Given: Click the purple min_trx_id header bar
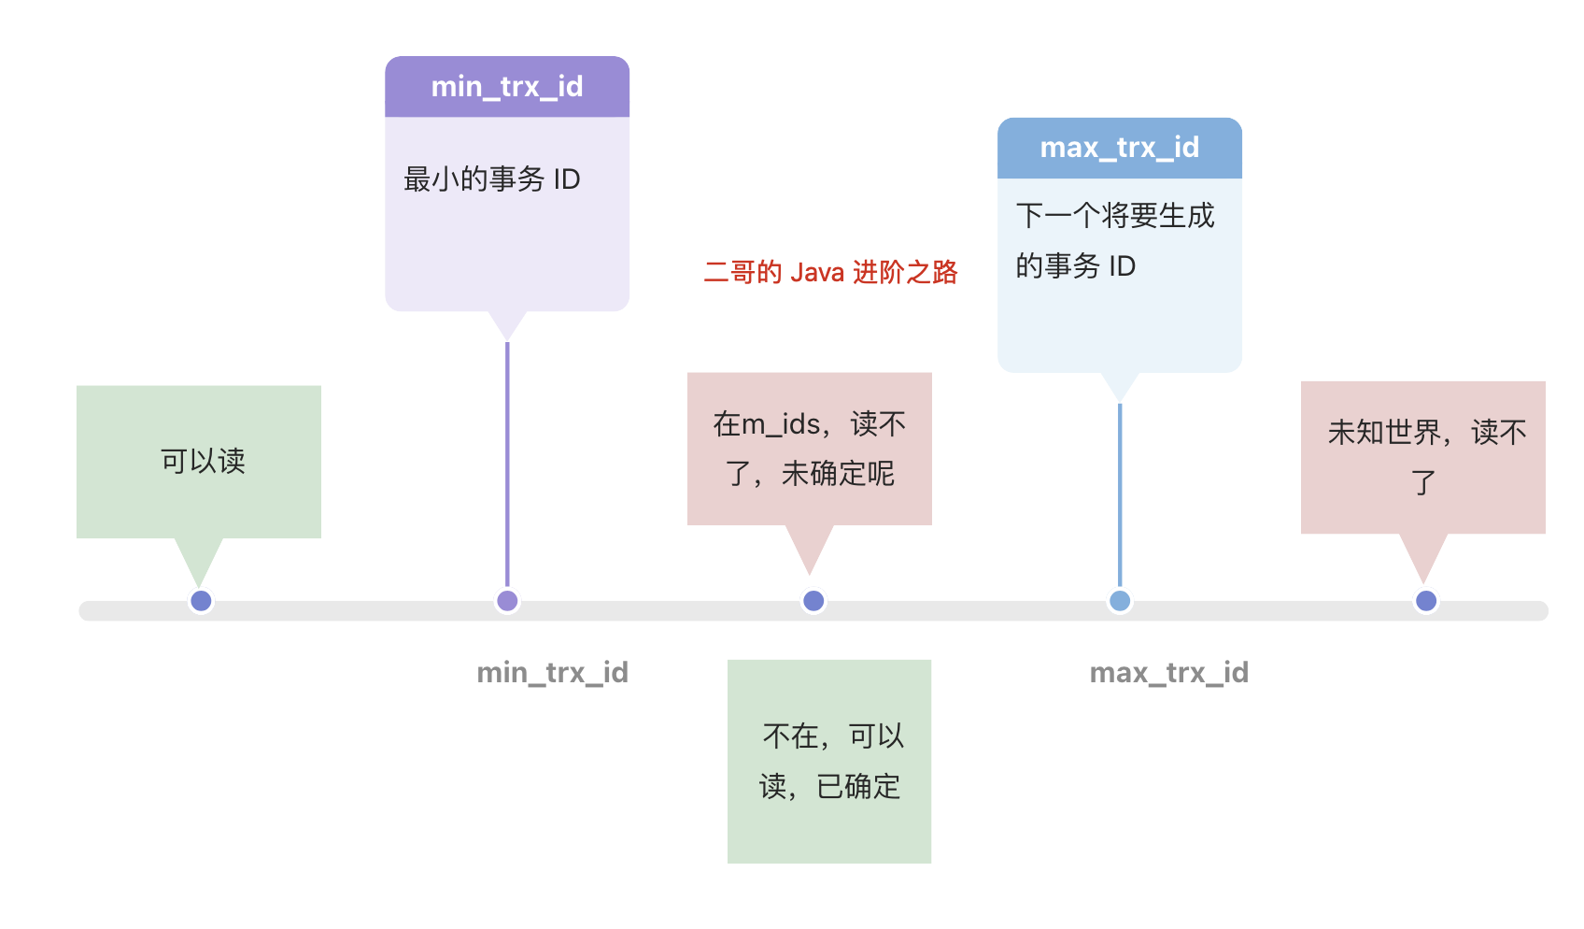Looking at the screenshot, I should (507, 87).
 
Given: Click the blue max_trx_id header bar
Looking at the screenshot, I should (1119, 148).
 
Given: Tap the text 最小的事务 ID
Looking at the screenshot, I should (491, 179).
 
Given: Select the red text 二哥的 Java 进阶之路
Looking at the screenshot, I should (830, 272).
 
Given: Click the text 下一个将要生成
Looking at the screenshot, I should (1114, 216).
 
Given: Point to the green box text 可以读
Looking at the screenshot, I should (202, 461).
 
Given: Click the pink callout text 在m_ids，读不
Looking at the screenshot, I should (809, 424).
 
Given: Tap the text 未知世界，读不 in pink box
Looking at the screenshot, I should (1425, 432).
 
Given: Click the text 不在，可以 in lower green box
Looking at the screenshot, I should (833, 736).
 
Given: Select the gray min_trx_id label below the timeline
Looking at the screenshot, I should (552, 672).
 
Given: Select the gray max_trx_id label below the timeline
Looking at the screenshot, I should (1168, 672).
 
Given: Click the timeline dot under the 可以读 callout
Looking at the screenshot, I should (201, 601).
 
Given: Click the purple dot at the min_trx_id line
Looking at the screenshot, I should (507, 601).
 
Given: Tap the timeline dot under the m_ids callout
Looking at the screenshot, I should (813, 601).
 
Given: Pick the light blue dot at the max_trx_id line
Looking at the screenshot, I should (1119, 601).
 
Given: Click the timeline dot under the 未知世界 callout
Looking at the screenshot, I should (1425, 601).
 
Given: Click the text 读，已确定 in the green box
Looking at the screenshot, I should (829, 786).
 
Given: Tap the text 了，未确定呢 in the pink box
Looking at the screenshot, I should (809, 474).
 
